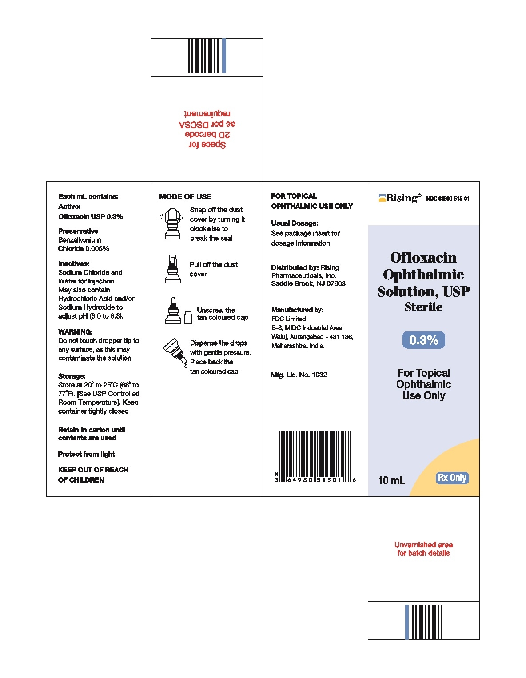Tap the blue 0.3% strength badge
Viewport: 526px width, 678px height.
click(423, 340)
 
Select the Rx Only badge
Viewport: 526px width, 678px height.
click(452, 478)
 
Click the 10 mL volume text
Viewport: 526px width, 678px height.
click(391, 480)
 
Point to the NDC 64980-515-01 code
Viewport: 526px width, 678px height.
click(447, 199)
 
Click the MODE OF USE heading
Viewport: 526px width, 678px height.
click(185, 197)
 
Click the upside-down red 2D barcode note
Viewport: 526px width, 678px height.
click(207, 129)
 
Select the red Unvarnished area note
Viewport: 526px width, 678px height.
click(423, 549)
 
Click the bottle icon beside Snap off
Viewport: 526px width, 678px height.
click(172, 225)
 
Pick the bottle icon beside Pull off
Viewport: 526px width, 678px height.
click(172, 269)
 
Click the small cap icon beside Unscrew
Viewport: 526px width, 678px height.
click(188, 317)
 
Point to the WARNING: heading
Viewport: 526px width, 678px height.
click(76, 332)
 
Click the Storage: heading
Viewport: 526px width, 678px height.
click(72, 376)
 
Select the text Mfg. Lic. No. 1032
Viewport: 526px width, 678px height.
click(299, 375)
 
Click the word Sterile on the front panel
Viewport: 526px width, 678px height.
click(423, 307)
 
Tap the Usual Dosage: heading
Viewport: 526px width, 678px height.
click(295, 223)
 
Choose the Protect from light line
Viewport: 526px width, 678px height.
click(86, 454)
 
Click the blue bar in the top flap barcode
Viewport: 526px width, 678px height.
click(224, 56)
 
